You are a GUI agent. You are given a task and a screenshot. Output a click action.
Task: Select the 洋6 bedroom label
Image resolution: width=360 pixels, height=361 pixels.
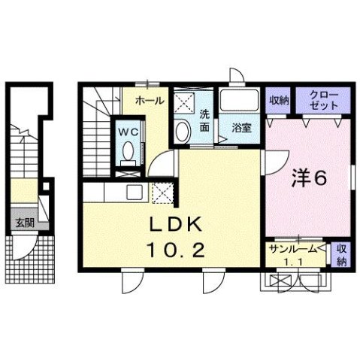tap(309, 178)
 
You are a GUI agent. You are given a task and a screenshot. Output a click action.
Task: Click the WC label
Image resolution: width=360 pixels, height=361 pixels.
tap(129, 129)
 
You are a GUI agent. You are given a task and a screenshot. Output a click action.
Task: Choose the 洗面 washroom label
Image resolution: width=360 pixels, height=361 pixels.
tap(205, 121)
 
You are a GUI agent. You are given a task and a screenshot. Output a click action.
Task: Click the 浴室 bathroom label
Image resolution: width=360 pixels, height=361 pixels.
tap(242, 127)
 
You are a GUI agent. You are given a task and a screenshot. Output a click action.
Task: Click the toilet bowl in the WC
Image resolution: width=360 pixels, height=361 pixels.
tap(128, 150)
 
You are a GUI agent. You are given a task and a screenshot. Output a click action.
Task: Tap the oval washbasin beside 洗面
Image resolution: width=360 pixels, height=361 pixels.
tap(183, 131)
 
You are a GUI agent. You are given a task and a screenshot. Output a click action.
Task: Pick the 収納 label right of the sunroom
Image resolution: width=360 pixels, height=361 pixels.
tap(340, 255)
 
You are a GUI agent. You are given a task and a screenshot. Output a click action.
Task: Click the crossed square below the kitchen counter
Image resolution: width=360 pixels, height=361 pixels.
tap(162, 194)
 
